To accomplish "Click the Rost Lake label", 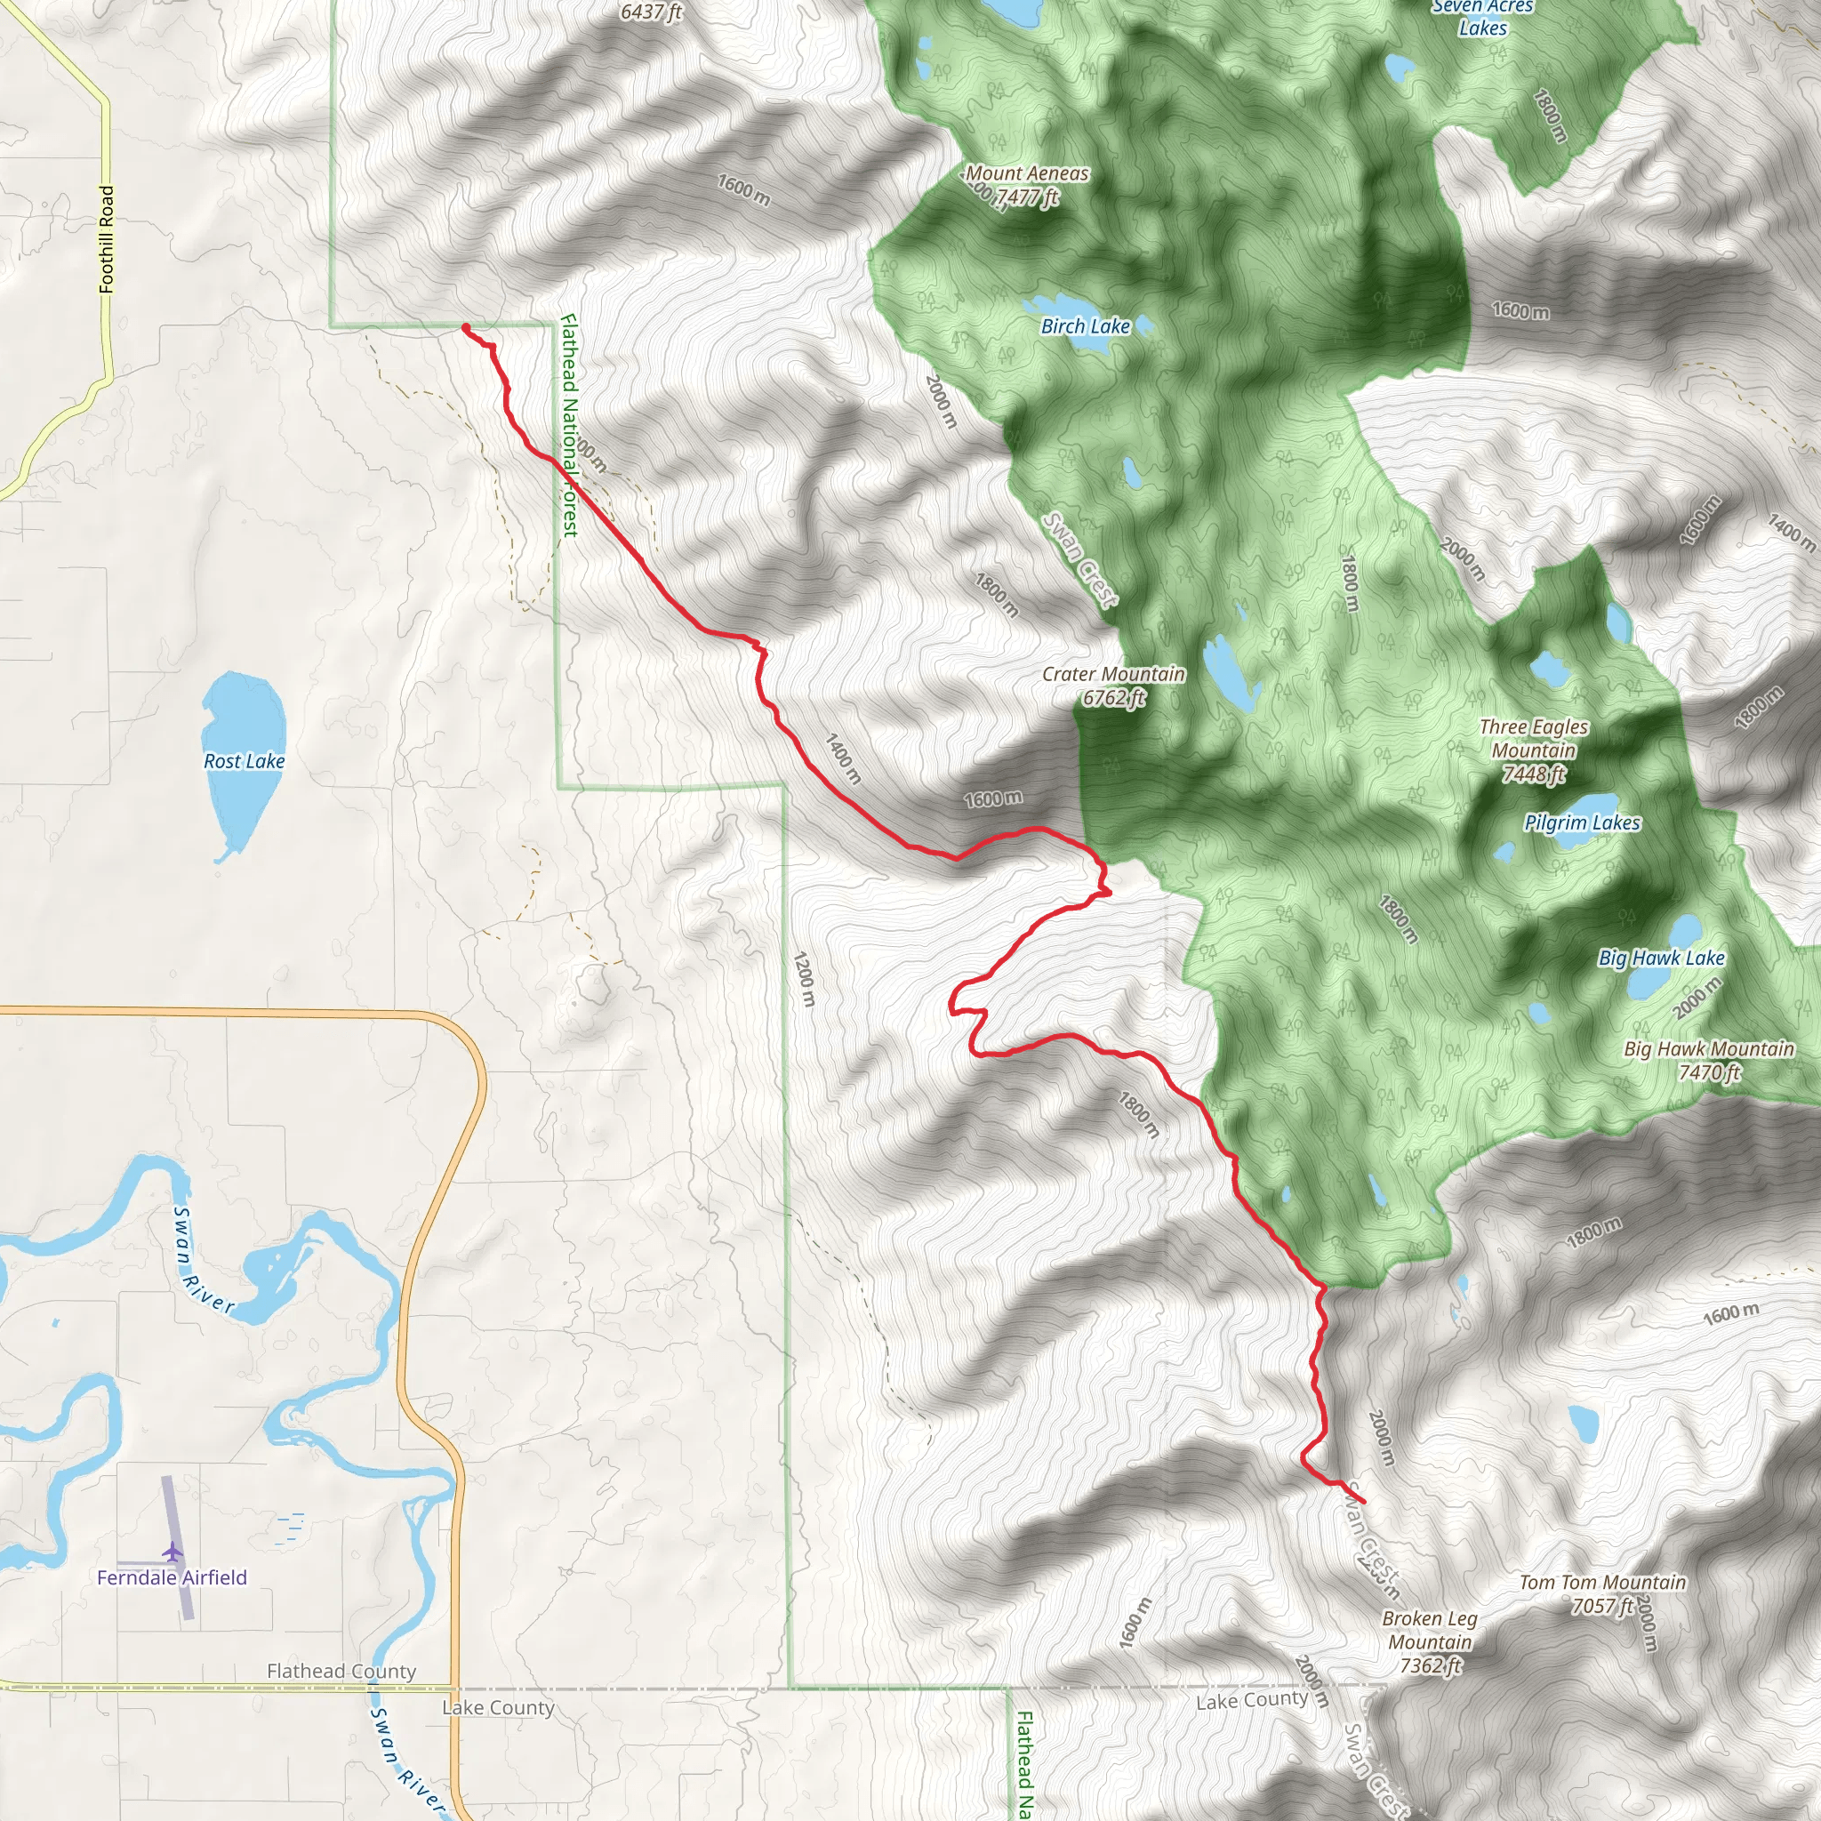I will point(245,760).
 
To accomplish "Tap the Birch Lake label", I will point(1085,326).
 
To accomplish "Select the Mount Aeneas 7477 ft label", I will point(1026,185).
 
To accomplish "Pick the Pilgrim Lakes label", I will point(1583,822).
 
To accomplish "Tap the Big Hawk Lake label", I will point(1662,958).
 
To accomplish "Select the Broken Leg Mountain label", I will point(1430,1642).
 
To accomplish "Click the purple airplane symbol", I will point(172,1551).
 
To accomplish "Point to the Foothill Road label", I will point(107,238).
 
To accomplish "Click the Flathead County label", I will point(341,1671).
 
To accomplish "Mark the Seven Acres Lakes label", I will point(1482,17).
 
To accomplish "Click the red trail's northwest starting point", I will point(466,328).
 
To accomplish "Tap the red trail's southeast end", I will point(1363,1502).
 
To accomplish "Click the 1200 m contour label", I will point(803,979).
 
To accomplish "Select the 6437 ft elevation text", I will point(650,12).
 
